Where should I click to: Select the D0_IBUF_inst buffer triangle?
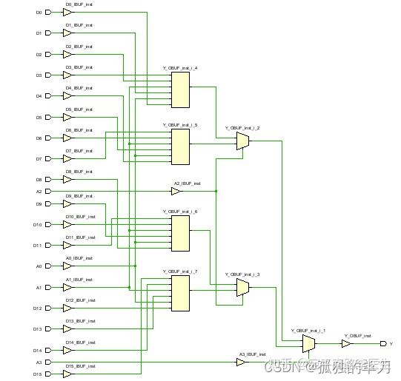point(67,13)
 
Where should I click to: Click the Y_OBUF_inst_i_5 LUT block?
point(180,146)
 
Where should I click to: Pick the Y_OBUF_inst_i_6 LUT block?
point(180,233)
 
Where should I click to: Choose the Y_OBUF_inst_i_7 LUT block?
point(180,293)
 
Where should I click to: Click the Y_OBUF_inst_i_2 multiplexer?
point(242,141)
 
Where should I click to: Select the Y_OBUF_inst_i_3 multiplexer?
point(242,288)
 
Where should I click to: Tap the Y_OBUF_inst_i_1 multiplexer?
point(309,343)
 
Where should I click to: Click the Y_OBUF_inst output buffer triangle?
point(346,343)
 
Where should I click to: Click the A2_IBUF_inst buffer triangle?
point(176,191)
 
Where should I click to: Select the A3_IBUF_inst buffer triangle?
point(241,362)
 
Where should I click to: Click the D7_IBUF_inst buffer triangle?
point(67,158)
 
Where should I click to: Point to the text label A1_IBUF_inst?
point(79,280)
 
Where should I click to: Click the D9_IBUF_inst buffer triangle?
point(67,203)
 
